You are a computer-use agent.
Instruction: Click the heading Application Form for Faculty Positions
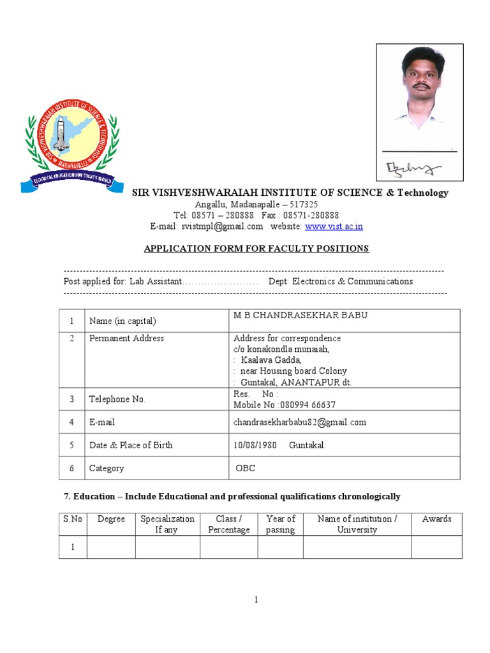pos(256,249)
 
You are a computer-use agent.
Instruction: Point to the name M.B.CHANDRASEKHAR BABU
pos(301,316)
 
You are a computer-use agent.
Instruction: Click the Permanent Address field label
pos(126,339)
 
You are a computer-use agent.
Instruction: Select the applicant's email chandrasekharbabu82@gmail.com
pos(300,422)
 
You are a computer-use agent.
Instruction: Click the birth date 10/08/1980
pos(255,445)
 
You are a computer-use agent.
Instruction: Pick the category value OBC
pos(246,468)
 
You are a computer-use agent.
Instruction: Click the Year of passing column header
pos(280,524)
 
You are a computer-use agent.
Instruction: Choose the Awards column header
pos(436,519)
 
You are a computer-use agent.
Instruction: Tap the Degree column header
pos(111,519)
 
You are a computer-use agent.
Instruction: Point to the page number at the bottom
pos(256,599)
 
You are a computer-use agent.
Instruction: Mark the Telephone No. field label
pos(117,399)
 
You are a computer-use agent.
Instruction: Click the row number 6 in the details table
pos(72,468)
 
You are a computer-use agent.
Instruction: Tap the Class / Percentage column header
pos(228,524)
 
